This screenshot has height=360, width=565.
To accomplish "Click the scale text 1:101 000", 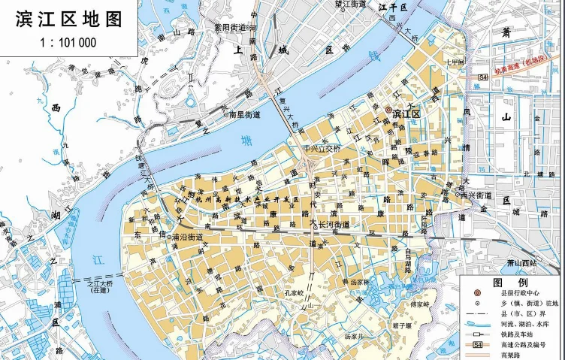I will (68, 42).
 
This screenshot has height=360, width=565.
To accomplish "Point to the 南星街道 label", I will (244, 115).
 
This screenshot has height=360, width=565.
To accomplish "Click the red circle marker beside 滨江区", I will (388, 110).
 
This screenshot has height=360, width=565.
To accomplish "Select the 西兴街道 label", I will (476, 195).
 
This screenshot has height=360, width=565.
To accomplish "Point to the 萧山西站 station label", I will (521, 262).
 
